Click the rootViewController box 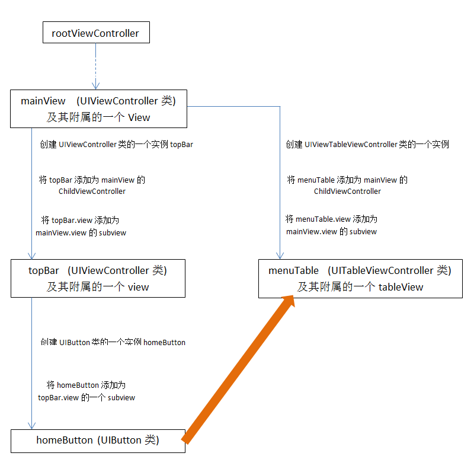(95, 33)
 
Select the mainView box (98, 109)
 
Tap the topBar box (98, 278)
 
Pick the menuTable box (360, 278)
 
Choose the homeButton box (98, 441)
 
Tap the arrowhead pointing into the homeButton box (31, 425)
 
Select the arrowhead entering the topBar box (31, 255)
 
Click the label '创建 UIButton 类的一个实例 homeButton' (113, 342)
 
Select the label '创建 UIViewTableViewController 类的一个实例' (367, 144)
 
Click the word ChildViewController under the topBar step (92, 192)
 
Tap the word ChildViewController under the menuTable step (347, 192)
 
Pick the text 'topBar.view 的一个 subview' (87, 397)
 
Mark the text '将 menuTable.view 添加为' (331, 219)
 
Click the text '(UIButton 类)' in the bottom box (128, 441)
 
